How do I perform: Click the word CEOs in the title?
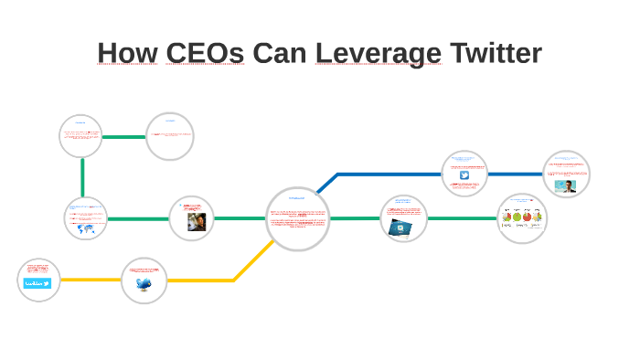click(205, 53)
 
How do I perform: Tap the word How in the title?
click(127, 53)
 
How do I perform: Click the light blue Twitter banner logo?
click(37, 284)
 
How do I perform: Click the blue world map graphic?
click(87, 228)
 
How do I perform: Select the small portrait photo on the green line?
click(196, 222)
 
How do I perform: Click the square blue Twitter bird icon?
click(464, 175)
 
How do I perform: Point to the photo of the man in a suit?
click(566, 185)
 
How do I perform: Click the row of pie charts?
click(522, 217)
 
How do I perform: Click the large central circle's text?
click(298, 218)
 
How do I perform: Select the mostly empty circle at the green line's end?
click(169, 136)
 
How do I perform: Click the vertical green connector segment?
click(82, 176)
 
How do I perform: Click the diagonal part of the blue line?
click(326, 183)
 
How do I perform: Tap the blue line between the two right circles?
click(516, 174)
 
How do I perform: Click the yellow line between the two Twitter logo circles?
click(91, 280)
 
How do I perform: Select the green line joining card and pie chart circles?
click(462, 218)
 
